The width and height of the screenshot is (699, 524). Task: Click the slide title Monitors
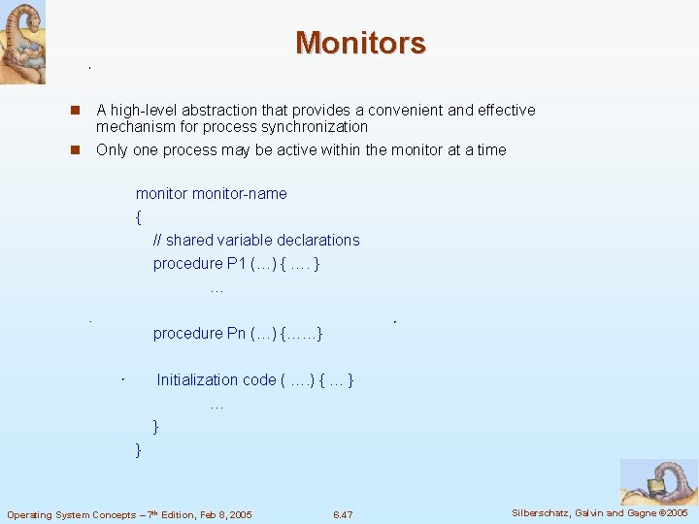coord(360,43)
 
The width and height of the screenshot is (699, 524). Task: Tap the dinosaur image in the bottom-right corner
coord(658,481)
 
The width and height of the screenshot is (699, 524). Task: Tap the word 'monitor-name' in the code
coord(240,193)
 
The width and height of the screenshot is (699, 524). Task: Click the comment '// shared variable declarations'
coord(256,240)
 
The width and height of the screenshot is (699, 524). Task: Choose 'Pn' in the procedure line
coord(236,333)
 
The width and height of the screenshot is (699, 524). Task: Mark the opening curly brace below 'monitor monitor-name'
coord(139,216)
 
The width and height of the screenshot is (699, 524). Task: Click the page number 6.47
coord(343,514)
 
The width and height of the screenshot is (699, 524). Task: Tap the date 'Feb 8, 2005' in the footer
coord(222,514)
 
